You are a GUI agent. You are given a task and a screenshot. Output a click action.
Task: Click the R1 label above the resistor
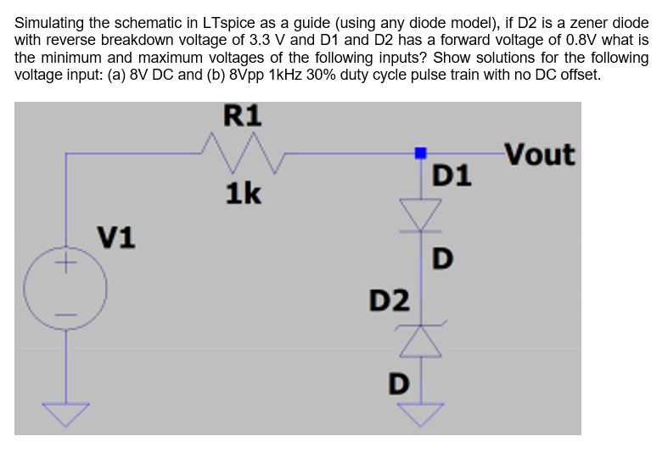point(243,115)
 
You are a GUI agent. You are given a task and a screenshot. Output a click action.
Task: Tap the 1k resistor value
point(243,194)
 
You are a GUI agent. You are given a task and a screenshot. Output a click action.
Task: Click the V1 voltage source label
point(117,236)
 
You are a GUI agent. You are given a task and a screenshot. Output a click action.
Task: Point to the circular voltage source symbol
point(65,288)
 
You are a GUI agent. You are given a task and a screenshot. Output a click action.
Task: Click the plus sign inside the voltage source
point(65,263)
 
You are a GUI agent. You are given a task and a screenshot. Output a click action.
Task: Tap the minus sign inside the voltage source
point(65,316)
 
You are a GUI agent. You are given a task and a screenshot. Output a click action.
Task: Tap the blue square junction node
point(420,153)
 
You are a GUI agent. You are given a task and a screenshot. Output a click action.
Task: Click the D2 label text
point(389,299)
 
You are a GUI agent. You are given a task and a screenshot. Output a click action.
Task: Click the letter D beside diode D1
point(442,256)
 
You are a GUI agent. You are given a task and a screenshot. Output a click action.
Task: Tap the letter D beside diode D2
point(396,383)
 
